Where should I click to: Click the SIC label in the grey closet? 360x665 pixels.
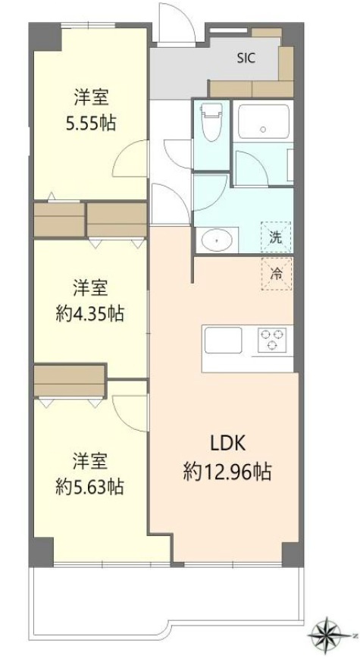click(x=246, y=56)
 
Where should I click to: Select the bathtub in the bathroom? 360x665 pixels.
click(x=262, y=121)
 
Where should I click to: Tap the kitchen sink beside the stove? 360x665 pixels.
click(x=221, y=339)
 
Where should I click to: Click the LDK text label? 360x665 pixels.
click(x=225, y=444)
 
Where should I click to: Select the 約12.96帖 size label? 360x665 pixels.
click(x=227, y=473)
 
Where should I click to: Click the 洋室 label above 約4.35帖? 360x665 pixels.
click(x=90, y=287)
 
